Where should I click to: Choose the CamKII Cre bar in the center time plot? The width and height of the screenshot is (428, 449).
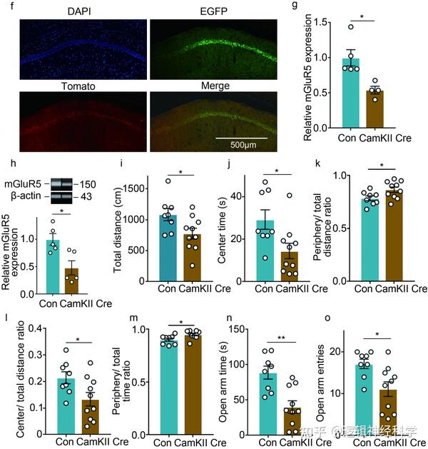point(289,261)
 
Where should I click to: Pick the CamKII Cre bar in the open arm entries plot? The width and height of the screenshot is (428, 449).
point(388,410)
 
